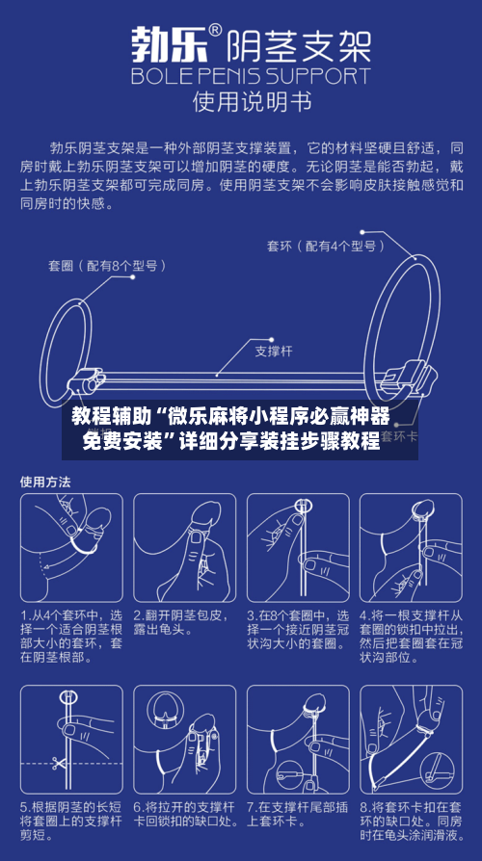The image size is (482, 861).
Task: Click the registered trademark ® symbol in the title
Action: pyautogui.click(x=216, y=31)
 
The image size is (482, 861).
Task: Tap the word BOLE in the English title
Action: pyautogui.click(x=163, y=74)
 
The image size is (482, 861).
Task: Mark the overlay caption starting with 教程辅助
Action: pyautogui.click(x=230, y=430)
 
